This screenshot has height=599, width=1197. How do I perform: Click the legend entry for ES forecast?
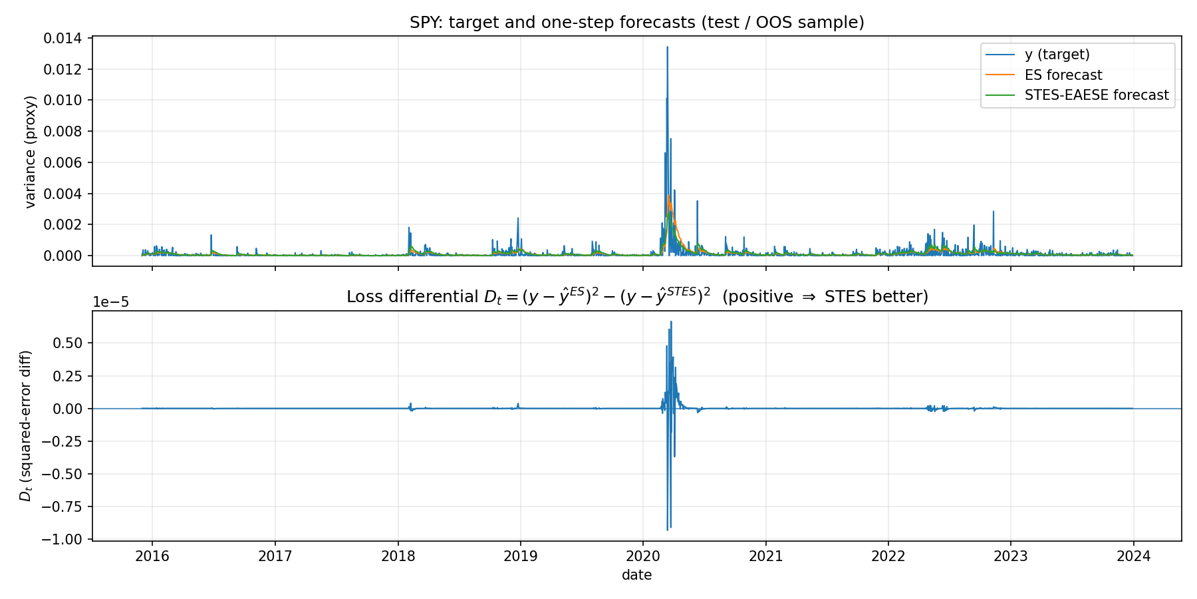[x=1063, y=75]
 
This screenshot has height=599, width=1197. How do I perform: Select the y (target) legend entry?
[x=1057, y=55]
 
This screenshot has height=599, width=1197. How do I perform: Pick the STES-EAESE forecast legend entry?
[x=1096, y=95]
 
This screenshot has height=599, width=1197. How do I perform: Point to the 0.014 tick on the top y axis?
[x=63, y=39]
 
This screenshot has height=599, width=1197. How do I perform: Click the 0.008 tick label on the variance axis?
[x=63, y=132]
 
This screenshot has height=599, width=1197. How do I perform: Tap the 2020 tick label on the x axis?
[x=643, y=556]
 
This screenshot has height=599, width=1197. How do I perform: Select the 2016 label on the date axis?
[x=152, y=556]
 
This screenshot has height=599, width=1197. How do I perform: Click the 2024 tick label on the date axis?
[x=1133, y=556]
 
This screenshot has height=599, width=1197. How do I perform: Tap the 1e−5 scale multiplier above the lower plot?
[x=110, y=302]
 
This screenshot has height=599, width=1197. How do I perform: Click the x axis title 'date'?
[x=636, y=575]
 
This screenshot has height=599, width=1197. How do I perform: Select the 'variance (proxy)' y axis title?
[x=30, y=152]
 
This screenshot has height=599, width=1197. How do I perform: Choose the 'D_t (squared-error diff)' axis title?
[x=26, y=425]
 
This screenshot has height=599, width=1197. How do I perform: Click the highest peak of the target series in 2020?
[x=667, y=47]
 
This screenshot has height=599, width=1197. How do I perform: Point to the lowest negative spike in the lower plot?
[x=667, y=530]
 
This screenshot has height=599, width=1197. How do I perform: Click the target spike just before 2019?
[x=518, y=218]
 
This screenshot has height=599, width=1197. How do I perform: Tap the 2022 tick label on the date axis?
[x=888, y=556]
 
